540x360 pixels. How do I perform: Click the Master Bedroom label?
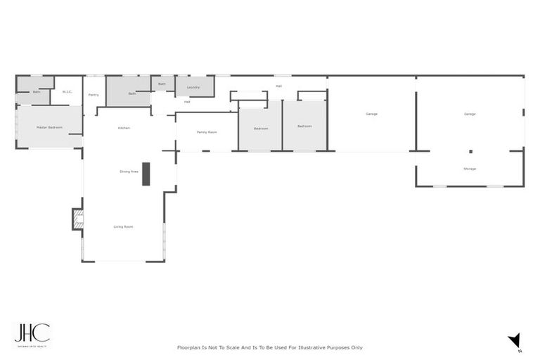[x=49, y=127]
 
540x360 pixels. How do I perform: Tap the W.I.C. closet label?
[x=67, y=91]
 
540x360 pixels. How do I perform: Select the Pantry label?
[x=94, y=94]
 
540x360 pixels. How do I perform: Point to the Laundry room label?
[x=193, y=87]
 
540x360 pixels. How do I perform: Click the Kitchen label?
[x=124, y=127]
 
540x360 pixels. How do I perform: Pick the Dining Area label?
[x=129, y=171]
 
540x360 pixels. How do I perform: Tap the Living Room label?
[x=124, y=226]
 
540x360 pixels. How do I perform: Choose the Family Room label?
[x=207, y=131]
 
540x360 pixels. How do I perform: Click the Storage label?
[x=470, y=169]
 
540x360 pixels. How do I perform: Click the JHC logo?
[x=32, y=333]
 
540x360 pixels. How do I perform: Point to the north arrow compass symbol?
[x=515, y=340]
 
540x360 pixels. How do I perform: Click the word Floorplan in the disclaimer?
[x=190, y=347]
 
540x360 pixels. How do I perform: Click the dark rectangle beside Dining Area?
[x=146, y=174]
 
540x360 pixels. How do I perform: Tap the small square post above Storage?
[x=470, y=151]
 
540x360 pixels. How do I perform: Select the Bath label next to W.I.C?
[x=37, y=92]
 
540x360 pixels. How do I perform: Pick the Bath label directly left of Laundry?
[x=162, y=84]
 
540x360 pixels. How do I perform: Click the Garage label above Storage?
[x=470, y=114]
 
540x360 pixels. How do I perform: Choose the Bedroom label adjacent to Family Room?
[x=261, y=128]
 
